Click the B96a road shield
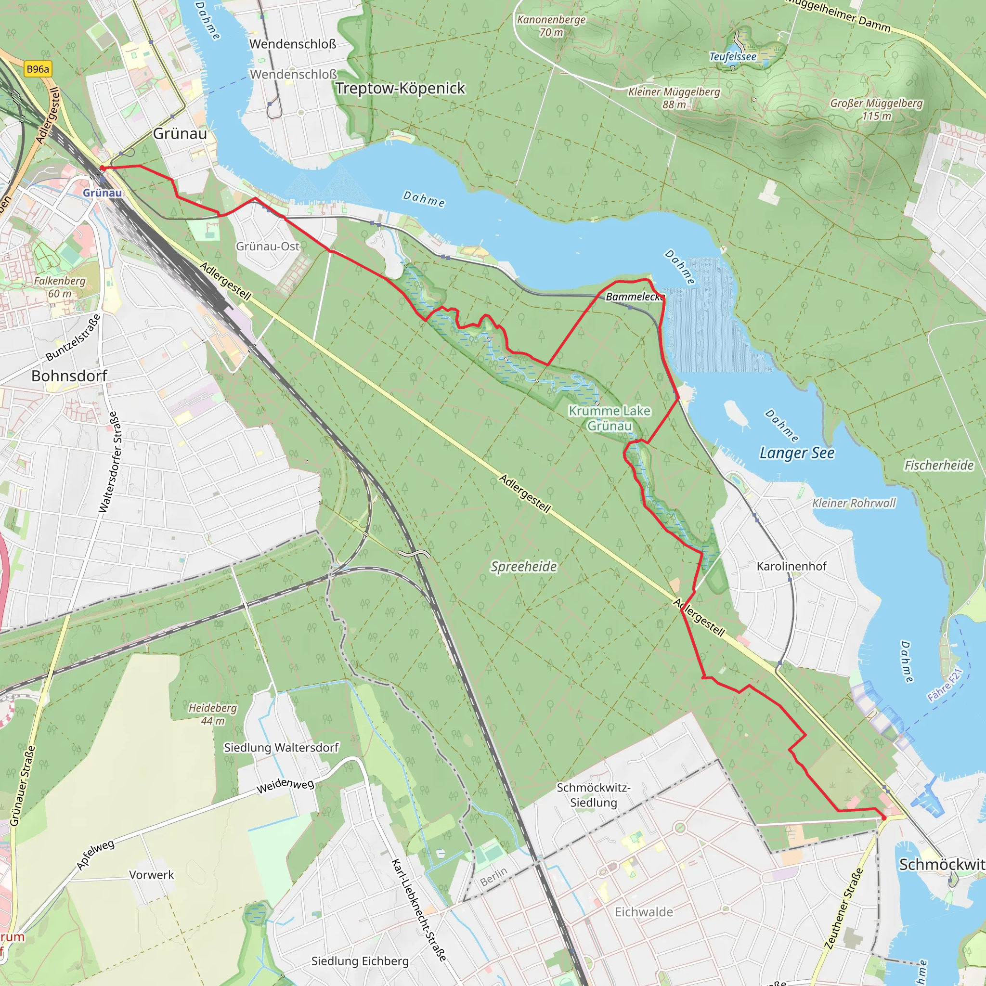coord(38,69)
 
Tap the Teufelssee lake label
coord(732,57)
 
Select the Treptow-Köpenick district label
coord(400,88)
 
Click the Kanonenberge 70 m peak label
coord(551,26)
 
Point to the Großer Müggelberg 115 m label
coord(876,109)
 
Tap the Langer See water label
coord(797,453)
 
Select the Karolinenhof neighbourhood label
coord(791,566)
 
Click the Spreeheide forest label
coord(523,567)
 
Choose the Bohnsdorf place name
coord(69,376)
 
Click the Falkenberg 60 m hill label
coord(60,287)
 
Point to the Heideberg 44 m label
coord(213,714)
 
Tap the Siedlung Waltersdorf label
coord(281,748)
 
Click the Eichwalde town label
coord(644,912)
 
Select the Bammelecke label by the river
coord(635,297)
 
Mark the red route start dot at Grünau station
coord(102,168)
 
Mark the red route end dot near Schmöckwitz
coord(884,818)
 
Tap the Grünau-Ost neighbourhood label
coord(267,246)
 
